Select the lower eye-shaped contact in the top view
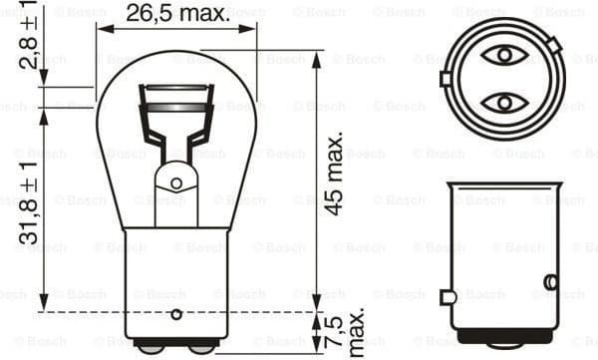[505, 102]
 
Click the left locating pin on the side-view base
[448, 296]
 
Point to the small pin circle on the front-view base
[176, 314]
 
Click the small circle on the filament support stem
[176, 183]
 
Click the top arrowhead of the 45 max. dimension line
[317, 56]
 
